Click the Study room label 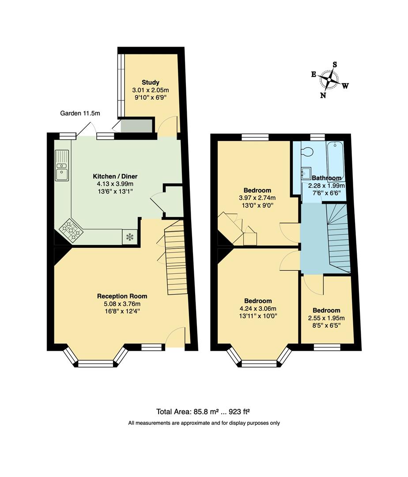(150, 82)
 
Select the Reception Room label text (122, 296)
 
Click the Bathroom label (326, 178)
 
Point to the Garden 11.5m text (80, 114)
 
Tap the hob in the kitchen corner (72, 229)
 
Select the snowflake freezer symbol (130, 237)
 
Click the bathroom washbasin (306, 173)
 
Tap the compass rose (329, 79)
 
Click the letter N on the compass (323, 95)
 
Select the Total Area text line (203, 412)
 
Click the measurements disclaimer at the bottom (204, 423)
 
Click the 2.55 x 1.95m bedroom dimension (326, 318)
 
